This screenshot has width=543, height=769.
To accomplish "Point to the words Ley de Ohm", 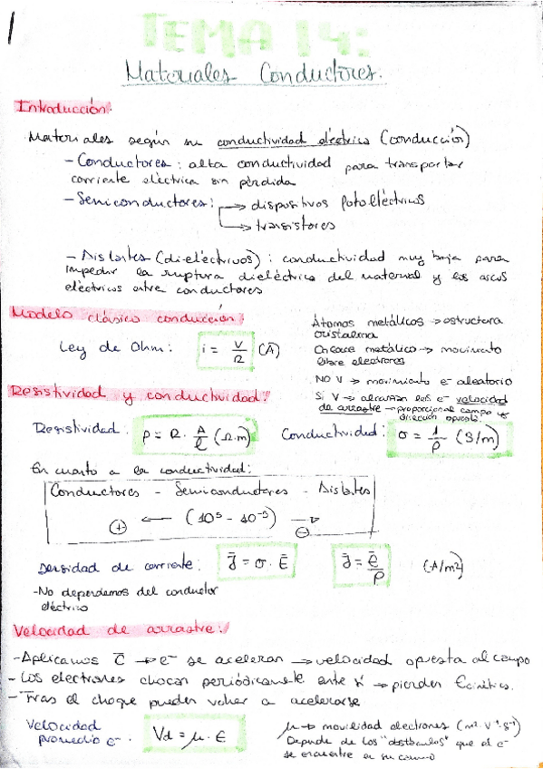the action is [x=100, y=347].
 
